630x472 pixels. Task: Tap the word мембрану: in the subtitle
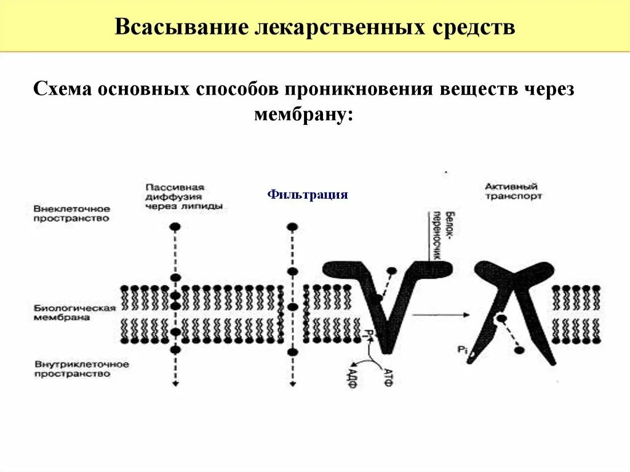tap(304, 114)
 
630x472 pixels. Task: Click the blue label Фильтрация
tap(308, 195)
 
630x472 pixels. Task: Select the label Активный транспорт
tap(512, 191)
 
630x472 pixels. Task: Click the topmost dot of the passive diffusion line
tap(175, 226)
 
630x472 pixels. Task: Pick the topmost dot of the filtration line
tap(293, 226)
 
